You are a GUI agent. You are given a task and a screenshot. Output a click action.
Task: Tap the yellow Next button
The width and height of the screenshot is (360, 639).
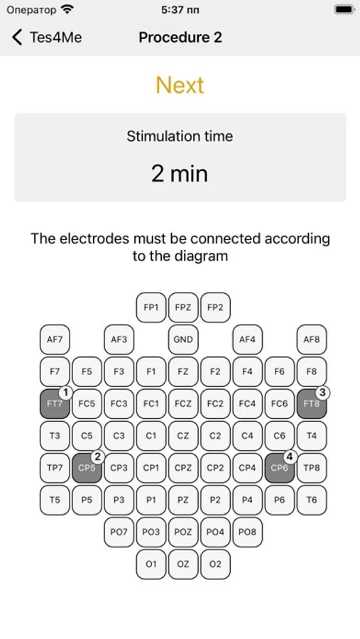pos(180,84)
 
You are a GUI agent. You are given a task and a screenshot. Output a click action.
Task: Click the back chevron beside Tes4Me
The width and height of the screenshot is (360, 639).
pos(17,37)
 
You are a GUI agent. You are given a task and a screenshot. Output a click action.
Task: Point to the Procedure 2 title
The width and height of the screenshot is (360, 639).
pos(180,37)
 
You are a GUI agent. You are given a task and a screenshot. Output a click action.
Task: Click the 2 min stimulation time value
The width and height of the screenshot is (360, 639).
pos(180,173)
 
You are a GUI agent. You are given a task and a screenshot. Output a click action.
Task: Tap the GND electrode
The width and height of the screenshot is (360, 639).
pos(183,339)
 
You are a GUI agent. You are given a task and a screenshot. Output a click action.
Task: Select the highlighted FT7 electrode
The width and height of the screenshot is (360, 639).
pos(55,403)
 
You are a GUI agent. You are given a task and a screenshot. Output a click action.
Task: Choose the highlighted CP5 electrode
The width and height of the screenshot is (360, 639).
pos(87,468)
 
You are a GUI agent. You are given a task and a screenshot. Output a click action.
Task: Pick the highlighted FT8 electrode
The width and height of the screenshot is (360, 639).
pos(312,403)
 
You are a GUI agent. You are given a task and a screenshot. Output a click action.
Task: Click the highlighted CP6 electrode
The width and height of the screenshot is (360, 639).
pos(279,468)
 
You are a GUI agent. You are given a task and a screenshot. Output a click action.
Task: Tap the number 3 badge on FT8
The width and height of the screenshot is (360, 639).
pos(322,393)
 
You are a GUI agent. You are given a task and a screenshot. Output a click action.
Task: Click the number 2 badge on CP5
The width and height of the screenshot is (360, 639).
pos(97,457)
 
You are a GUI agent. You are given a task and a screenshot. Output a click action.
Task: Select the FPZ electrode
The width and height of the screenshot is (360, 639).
pos(183,307)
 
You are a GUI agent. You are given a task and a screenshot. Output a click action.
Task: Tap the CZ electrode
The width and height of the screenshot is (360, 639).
pos(183,436)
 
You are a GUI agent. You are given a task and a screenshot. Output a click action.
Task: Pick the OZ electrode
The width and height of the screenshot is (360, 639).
pos(183,564)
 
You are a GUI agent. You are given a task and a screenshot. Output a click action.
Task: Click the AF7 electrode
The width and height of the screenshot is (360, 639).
pos(55,339)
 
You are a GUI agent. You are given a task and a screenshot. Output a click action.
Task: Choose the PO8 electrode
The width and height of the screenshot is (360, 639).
pos(247,532)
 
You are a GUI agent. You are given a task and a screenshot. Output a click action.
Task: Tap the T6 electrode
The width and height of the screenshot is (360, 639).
pos(312,500)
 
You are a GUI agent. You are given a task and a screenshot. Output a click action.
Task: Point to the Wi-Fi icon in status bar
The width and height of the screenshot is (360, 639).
pos(67,9)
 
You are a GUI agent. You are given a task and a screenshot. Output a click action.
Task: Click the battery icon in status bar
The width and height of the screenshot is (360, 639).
pos(344,9)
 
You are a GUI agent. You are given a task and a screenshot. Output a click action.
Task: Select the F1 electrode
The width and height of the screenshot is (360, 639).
pos(151,371)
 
